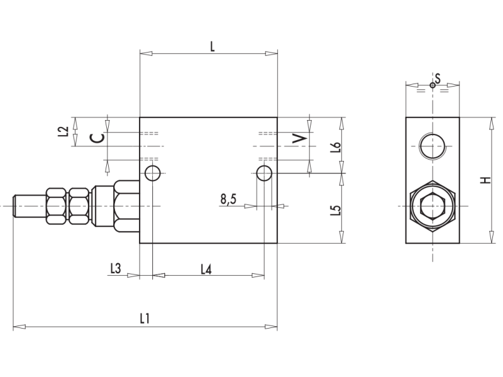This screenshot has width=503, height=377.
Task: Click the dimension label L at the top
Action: (213, 45)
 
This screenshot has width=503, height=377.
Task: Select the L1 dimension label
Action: (145, 319)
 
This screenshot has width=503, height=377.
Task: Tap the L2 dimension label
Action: (62, 131)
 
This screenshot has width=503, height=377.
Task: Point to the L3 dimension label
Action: (115, 268)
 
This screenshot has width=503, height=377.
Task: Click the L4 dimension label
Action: (206, 269)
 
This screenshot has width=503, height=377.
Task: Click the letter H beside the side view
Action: (485, 180)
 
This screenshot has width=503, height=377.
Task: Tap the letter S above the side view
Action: (438, 77)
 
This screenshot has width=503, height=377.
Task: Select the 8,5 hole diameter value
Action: (228, 199)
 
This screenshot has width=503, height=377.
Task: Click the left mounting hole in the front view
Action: (152, 173)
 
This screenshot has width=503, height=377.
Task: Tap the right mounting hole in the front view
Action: (264, 173)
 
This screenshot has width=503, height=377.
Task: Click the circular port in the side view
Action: (433, 147)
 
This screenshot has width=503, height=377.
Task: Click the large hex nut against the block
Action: (127, 205)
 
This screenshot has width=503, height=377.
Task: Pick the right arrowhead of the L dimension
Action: (272, 53)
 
